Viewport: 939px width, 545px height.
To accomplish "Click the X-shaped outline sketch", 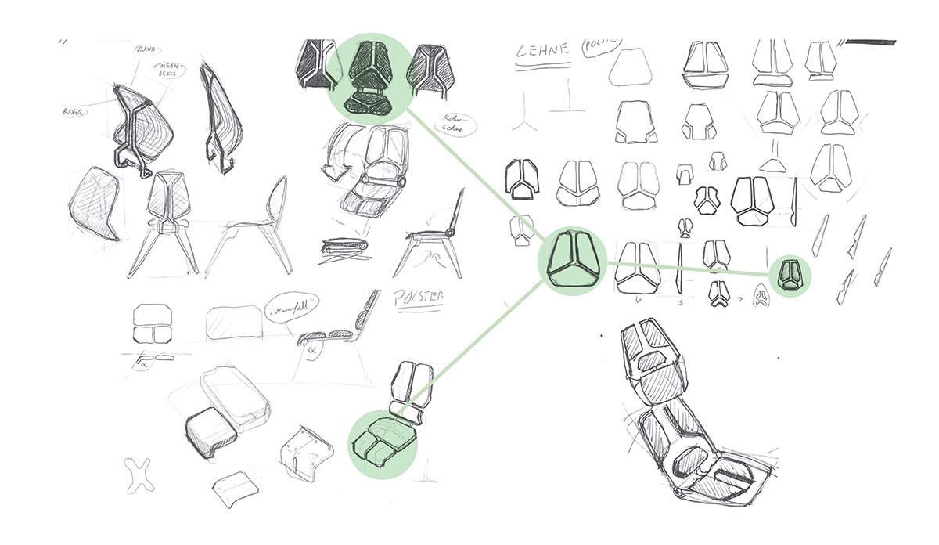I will (141, 477).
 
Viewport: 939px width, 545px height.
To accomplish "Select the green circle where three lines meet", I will (573, 262).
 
